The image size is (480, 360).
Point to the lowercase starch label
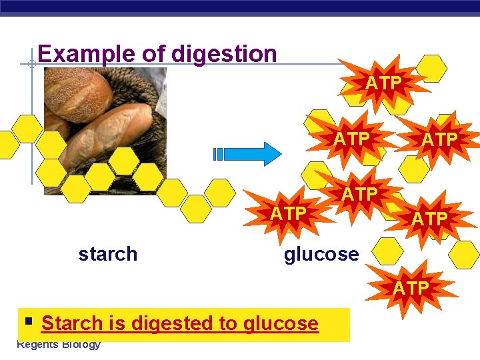coord(107,254)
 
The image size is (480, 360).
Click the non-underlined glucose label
coord(321,254)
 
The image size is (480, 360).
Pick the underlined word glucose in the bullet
coord(281,323)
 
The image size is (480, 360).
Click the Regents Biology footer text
coord(59,345)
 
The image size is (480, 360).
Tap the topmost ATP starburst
coord(383,83)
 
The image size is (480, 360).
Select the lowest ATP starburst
coord(411,287)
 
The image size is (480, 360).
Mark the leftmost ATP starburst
coord(288,213)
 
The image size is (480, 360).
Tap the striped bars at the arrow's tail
coord(218,153)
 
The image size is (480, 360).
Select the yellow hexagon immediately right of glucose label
coord(387,252)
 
